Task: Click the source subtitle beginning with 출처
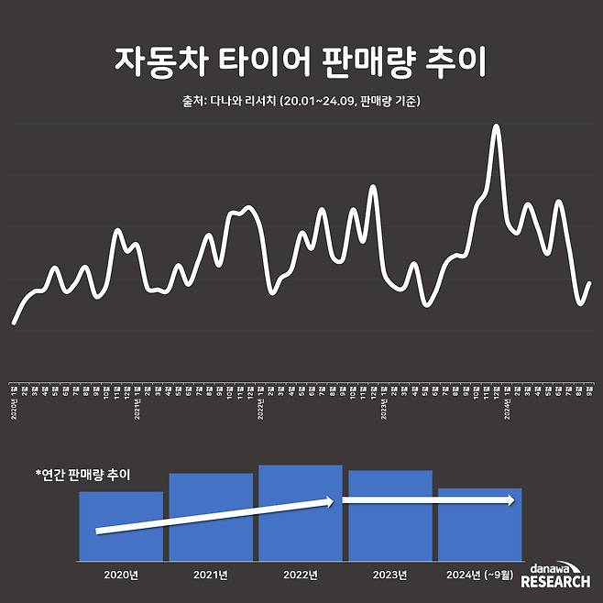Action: point(301,101)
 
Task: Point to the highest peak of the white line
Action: point(497,126)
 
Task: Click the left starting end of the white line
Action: point(14,323)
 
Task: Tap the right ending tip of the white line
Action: point(589,283)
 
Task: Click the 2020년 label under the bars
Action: point(121,575)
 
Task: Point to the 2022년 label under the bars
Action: point(301,575)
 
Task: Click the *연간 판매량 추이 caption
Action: point(82,475)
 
